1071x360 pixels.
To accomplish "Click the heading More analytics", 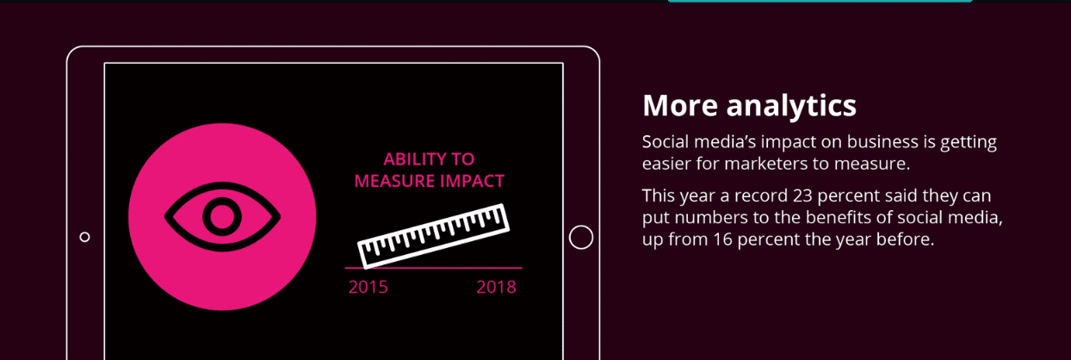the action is (749, 106).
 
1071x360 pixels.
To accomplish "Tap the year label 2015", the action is (368, 287).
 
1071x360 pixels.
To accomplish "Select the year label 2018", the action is (496, 287).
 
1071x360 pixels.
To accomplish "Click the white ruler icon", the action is (433, 236).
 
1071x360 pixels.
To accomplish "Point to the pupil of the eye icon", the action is (222, 216).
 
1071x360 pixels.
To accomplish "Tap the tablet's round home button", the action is (581, 237).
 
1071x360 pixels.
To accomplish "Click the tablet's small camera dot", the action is (84, 237).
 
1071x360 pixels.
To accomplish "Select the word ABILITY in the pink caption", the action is (410, 158).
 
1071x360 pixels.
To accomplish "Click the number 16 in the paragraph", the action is (723, 239).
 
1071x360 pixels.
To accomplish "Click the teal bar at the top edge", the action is (820, 1).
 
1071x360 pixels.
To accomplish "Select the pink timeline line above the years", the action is (434, 268).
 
